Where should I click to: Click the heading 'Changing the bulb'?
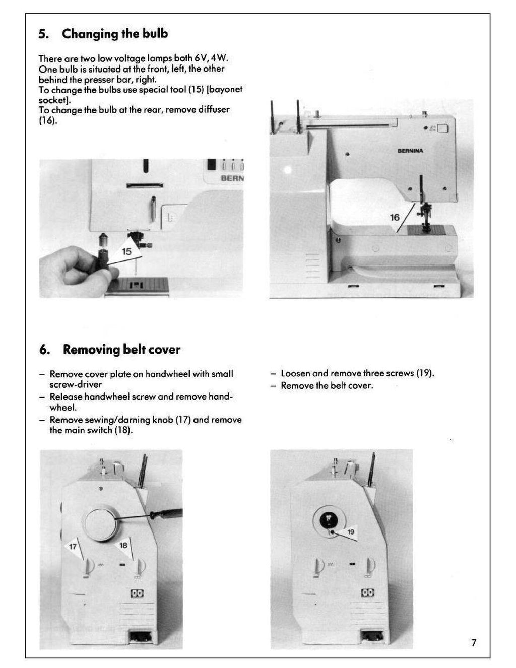point(114,34)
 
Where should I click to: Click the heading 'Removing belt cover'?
point(121,350)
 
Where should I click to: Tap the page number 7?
point(473,642)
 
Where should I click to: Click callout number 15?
point(126,251)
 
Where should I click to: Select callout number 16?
point(395,217)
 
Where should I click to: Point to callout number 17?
point(73,547)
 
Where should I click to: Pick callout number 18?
point(123,545)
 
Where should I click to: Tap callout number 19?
point(350,531)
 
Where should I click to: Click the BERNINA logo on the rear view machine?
point(410,151)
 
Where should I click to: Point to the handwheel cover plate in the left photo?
point(101,522)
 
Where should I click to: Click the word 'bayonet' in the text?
point(225,89)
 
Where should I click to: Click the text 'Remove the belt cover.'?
point(327,386)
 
